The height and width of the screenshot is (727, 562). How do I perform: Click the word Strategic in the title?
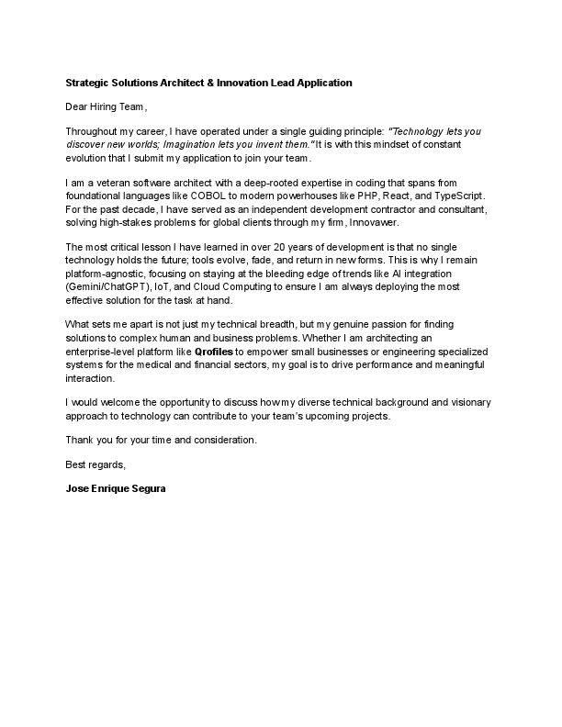click(x=87, y=83)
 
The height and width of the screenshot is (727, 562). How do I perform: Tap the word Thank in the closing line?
click(x=81, y=441)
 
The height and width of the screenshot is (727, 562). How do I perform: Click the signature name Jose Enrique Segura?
click(x=116, y=490)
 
